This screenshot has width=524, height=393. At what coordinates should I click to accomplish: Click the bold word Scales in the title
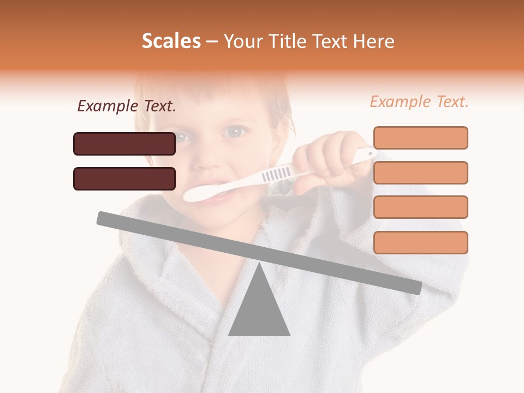(171, 41)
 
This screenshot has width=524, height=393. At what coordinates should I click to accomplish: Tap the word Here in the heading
(373, 41)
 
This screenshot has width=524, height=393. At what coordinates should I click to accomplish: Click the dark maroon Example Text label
(127, 106)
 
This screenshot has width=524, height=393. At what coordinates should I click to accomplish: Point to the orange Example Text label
(419, 102)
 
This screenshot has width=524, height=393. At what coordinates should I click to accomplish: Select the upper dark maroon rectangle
(124, 144)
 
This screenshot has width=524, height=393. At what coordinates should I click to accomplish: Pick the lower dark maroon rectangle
(124, 178)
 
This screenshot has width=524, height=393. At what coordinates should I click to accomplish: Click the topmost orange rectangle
(420, 138)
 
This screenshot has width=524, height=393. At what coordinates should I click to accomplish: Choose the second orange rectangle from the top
(420, 172)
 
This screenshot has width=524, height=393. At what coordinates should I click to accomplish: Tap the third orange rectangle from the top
(420, 207)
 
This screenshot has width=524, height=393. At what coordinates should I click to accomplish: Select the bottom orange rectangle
(420, 242)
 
